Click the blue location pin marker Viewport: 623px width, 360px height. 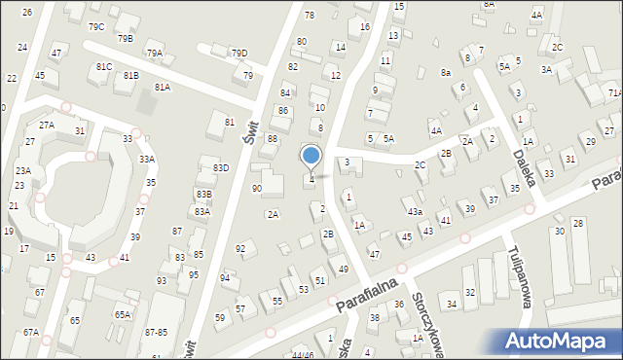click(x=311, y=157)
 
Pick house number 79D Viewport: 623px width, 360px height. click(x=238, y=53)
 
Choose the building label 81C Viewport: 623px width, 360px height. click(x=104, y=66)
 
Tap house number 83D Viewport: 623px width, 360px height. click(x=221, y=167)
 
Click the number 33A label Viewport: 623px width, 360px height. click(x=147, y=159)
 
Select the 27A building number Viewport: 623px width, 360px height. click(x=46, y=125)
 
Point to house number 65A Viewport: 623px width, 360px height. click(x=122, y=314)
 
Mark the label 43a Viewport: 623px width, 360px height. click(x=416, y=211)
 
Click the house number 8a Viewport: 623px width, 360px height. click(x=446, y=73)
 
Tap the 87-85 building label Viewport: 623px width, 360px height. click(x=156, y=333)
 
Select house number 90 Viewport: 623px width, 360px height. click(x=257, y=188)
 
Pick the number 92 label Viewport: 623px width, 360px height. click(x=240, y=249)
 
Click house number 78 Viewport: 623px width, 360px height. click(x=310, y=15)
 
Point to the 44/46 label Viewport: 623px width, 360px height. click(x=302, y=355)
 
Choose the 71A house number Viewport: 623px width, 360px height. click(x=614, y=92)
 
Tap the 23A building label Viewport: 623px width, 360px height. click(x=23, y=170)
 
